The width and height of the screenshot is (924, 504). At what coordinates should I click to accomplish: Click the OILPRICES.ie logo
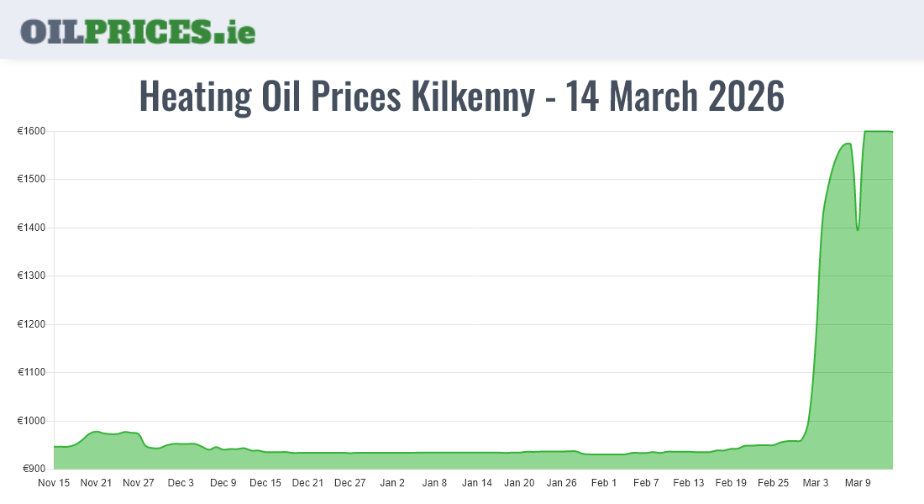click(138, 31)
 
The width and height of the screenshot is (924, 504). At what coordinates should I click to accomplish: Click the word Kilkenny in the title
click(473, 97)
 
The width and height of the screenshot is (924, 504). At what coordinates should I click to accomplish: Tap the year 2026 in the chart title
click(747, 97)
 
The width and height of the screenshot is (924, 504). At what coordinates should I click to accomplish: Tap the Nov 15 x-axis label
click(54, 483)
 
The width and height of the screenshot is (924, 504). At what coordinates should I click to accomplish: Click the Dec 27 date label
click(349, 483)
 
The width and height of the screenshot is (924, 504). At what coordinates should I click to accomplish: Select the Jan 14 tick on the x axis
click(476, 483)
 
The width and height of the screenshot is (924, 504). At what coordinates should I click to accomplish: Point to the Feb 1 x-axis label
click(603, 483)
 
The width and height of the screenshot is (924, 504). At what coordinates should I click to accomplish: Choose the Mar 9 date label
click(857, 483)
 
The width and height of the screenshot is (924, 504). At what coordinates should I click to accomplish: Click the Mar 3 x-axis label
click(815, 483)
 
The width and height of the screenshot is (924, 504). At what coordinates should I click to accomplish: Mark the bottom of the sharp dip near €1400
click(857, 230)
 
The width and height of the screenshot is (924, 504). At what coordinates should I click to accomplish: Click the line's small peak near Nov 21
click(97, 431)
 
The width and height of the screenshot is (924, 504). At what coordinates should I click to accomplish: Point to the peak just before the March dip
click(848, 144)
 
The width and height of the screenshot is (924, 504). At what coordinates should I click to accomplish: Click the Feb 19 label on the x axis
click(730, 483)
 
